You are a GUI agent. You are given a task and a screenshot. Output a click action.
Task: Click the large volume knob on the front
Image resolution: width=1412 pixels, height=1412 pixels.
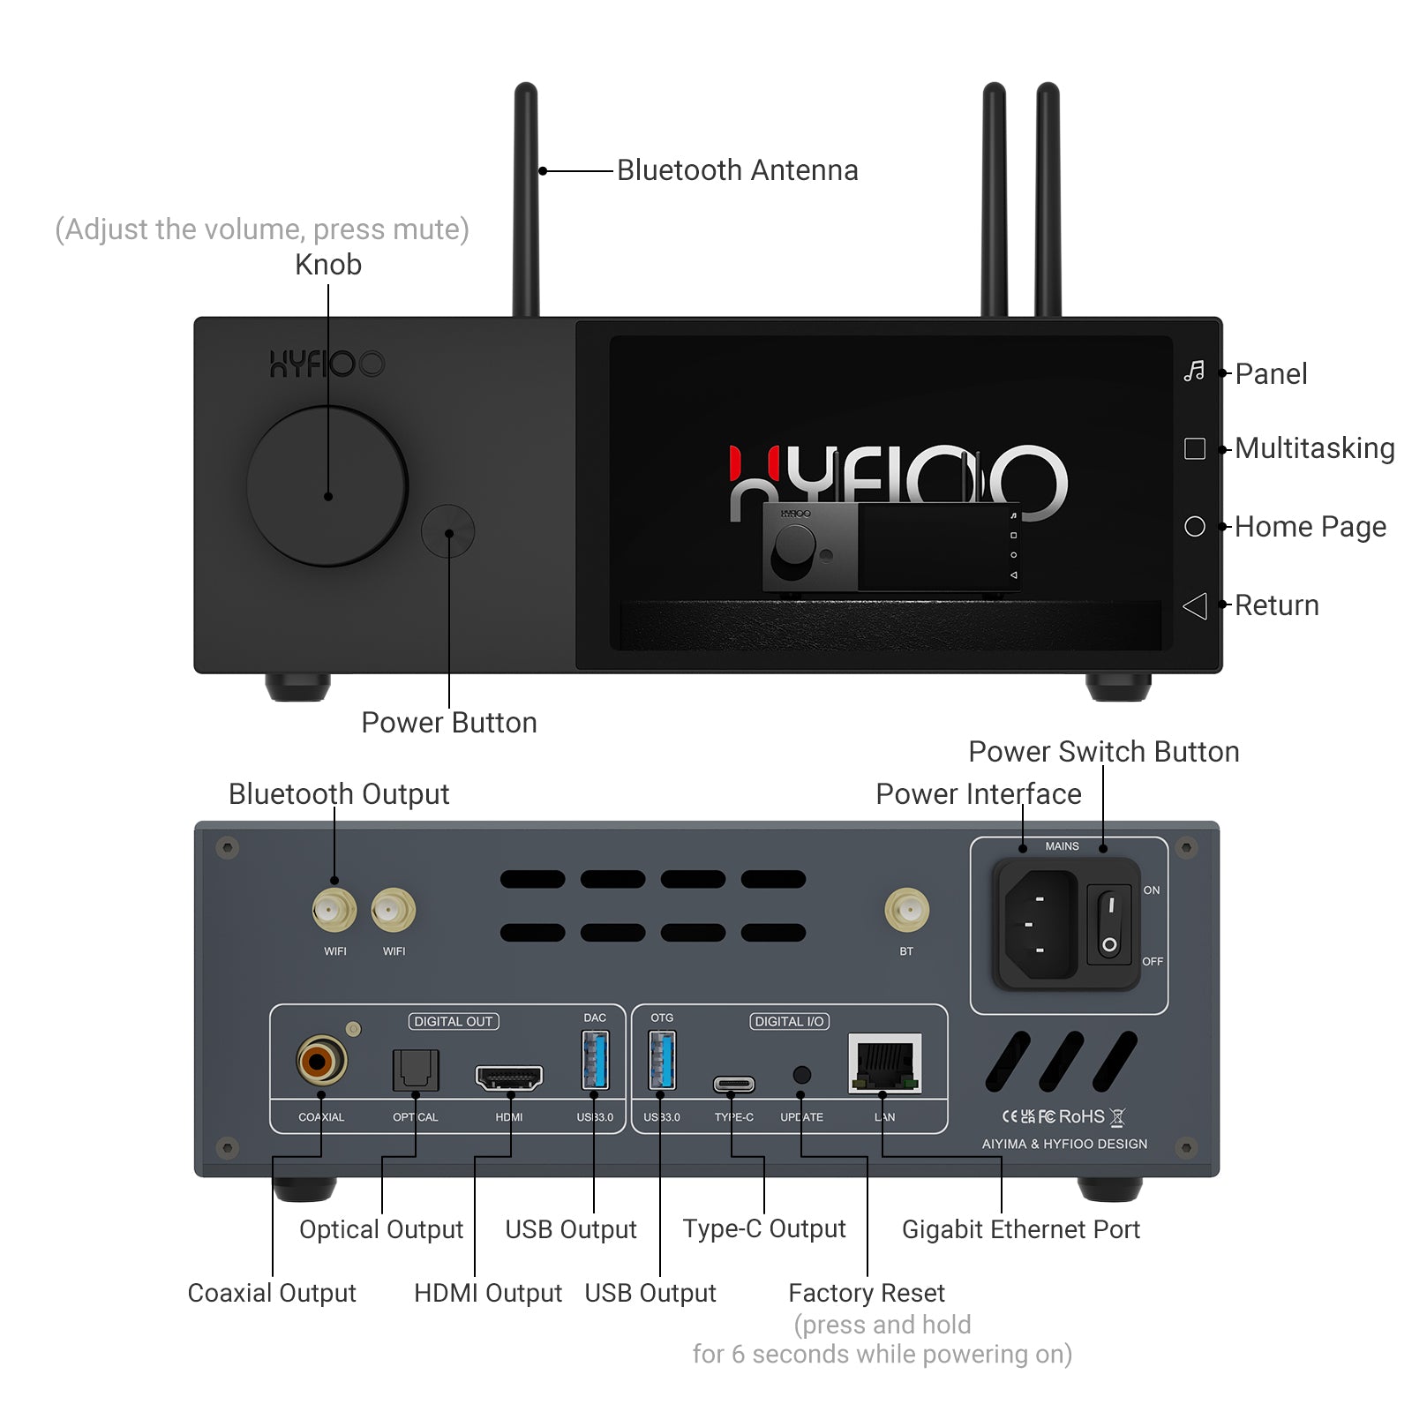click(x=327, y=486)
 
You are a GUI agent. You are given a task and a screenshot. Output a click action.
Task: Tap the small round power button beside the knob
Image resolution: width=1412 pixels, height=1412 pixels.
click(x=448, y=531)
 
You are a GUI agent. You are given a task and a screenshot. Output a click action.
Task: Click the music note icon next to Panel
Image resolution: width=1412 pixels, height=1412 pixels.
click(x=1194, y=372)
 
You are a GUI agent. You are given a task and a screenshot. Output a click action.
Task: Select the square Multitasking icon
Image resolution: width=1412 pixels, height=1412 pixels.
click(x=1194, y=448)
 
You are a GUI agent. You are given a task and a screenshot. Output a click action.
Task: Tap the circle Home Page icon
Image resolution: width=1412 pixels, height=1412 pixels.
click(x=1194, y=527)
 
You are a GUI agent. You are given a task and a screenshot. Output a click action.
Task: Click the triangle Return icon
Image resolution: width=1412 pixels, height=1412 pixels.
click(x=1195, y=605)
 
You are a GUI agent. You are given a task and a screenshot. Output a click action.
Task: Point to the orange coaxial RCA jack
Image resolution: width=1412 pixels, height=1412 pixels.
click(x=320, y=1061)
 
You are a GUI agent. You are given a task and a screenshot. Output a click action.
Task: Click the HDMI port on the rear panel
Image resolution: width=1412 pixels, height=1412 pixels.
click(x=509, y=1077)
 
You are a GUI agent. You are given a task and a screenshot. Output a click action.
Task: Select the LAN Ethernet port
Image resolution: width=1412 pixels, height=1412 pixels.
click(x=884, y=1063)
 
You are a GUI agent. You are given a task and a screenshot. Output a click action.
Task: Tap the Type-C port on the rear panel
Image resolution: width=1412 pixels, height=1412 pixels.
click(x=733, y=1084)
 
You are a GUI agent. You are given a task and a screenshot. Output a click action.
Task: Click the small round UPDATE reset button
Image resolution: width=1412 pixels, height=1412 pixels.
click(x=801, y=1075)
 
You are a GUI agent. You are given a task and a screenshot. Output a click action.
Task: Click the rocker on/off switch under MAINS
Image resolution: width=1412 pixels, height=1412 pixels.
click(x=1109, y=924)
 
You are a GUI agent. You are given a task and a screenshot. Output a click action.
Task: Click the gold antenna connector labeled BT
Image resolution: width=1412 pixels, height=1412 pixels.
click(x=906, y=910)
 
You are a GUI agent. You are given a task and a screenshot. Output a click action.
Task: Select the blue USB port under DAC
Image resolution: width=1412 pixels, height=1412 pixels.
click(x=595, y=1060)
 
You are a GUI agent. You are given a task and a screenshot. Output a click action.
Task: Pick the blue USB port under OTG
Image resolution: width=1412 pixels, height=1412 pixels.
click(x=662, y=1060)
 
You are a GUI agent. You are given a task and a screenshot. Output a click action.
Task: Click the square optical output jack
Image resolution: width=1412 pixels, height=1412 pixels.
click(x=415, y=1070)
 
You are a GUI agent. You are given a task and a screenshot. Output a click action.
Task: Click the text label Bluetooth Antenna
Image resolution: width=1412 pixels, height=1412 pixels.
click(x=737, y=170)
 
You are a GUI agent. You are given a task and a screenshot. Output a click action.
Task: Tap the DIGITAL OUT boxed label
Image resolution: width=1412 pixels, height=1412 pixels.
click(x=454, y=1021)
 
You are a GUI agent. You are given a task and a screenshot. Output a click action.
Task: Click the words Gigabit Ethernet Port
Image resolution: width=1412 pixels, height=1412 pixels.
click(x=1020, y=1229)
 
